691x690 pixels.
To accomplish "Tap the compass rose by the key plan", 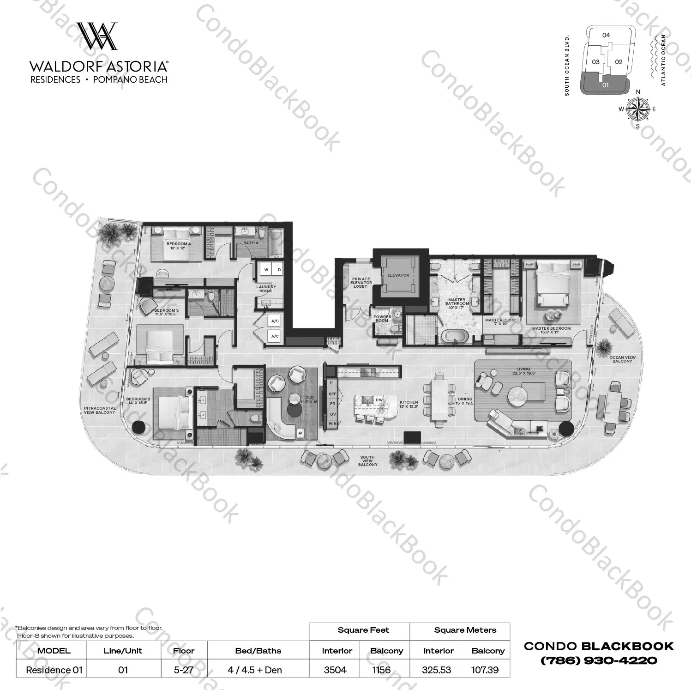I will (638, 109).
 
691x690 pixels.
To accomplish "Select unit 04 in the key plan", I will (606, 35).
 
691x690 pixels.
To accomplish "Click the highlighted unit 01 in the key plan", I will (605, 85).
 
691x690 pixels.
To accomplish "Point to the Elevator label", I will (398, 275).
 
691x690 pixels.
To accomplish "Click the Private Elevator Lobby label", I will (361, 283).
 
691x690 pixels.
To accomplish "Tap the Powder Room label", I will (382, 319).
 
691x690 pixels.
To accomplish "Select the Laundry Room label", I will (266, 289).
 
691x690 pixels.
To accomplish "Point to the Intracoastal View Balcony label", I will (100, 410).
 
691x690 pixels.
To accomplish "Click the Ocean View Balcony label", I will (622, 359).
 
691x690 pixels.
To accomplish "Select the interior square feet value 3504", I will (335, 670).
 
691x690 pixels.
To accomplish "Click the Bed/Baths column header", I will (258, 651).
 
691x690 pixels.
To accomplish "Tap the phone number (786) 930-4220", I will (599, 660).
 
